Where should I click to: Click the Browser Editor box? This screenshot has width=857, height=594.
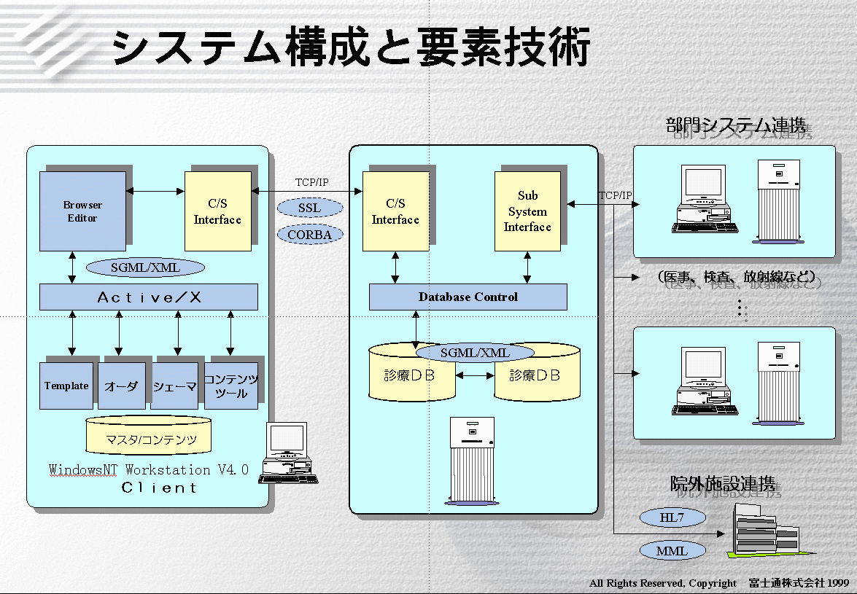(x=82, y=211)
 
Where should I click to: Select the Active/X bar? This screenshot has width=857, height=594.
(x=149, y=297)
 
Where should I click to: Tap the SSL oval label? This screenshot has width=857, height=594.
(x=309, y=208)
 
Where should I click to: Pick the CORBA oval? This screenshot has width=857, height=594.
(x=309, y=235)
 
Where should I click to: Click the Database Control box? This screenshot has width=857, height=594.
(x=468, y=297)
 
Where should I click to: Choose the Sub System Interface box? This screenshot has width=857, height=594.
(x=527, y=211)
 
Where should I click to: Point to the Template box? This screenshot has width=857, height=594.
(x=66, y=386)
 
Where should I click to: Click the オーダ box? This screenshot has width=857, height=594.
(x=121, y=386)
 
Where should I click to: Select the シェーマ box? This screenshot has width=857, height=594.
(x=175, y=386)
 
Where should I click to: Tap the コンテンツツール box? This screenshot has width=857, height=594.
(x=231, y=386)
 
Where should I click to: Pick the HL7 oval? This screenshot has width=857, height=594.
(x=672, y=517)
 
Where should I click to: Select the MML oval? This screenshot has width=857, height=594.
(x=672, y=551)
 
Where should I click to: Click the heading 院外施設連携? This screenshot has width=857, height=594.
(x=726, y=485)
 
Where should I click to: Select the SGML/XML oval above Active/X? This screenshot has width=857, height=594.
(x=145, y=267)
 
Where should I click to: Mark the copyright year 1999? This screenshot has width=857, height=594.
(x=838, y=583)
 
